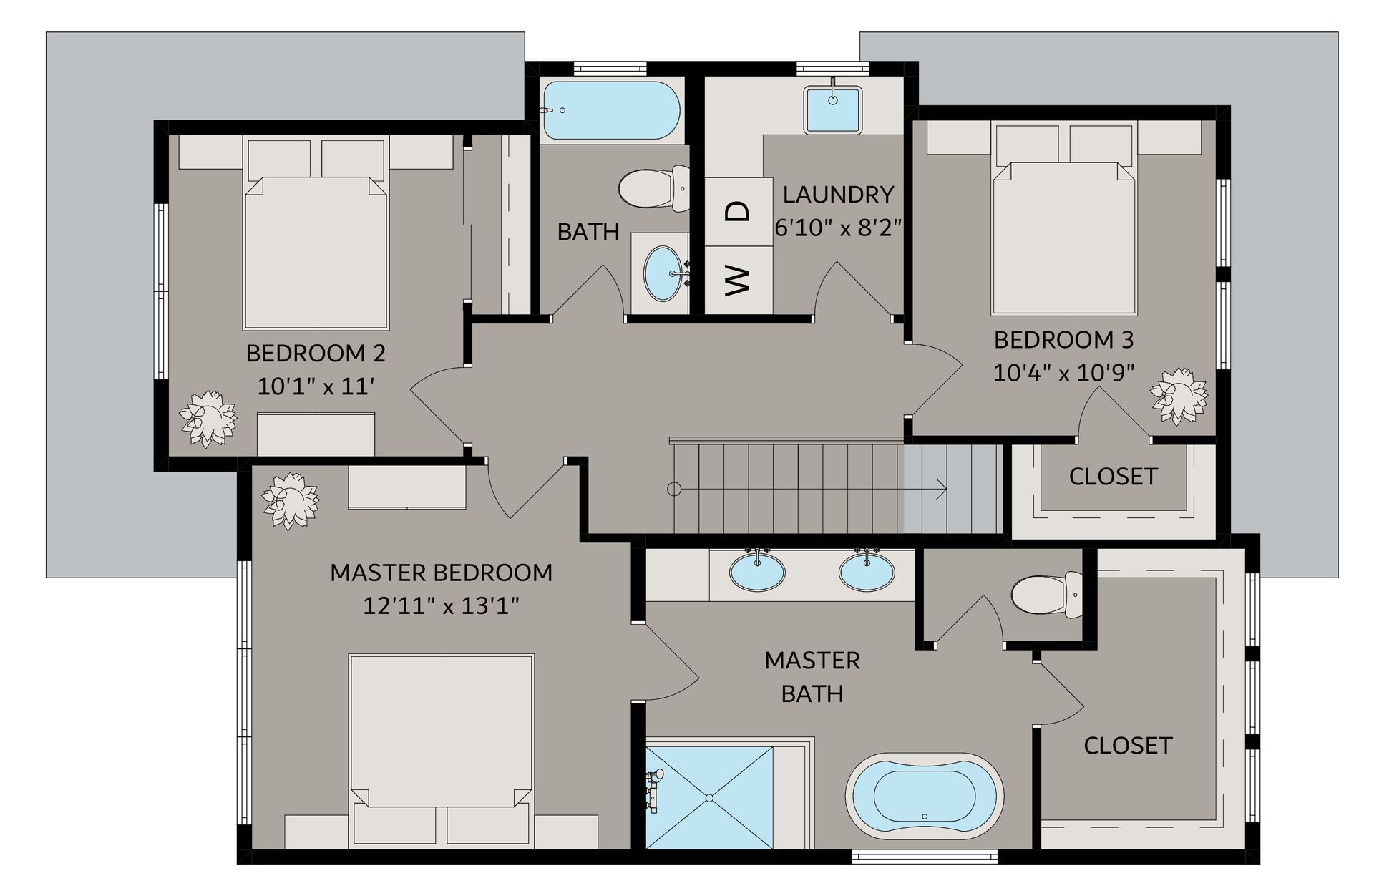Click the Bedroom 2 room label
[316, 353]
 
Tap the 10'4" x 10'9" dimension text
[1063, 373]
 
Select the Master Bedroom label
[441, 573]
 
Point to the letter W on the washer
[737, 280]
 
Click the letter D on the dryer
[737, 211]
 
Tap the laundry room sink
[832, 109]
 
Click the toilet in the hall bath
[654, 188]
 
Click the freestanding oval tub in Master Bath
[924, 796]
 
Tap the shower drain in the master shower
[709, 797]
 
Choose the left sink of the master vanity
[757, 571]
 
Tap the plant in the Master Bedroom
[290, 500]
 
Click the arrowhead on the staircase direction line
[942, 490]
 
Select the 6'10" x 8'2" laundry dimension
[837, 228]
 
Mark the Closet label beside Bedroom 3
[1113, 477]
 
